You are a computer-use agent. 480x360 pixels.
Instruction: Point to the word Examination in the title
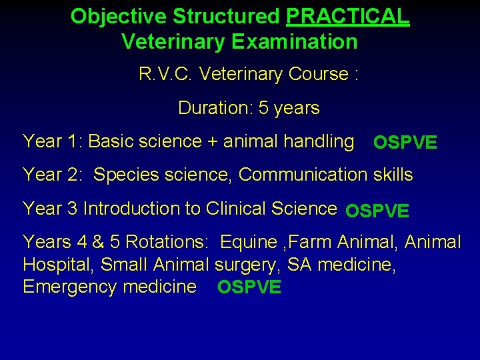click(295, 42)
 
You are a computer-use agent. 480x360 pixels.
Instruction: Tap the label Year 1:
click(53, 141)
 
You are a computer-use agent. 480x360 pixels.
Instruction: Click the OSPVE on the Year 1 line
click(405, 143)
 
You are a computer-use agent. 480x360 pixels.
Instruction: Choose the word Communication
click(303, 175)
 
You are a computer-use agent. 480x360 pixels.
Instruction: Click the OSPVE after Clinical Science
click(377, 211)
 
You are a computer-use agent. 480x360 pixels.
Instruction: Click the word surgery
click(247, 265)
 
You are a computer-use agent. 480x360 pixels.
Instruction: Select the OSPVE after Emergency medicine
click(249, 288)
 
